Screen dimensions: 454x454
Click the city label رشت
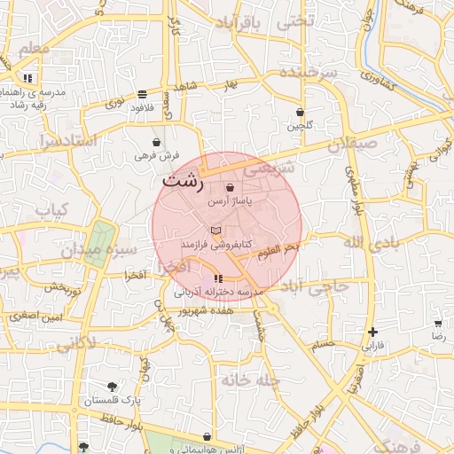[183, 183]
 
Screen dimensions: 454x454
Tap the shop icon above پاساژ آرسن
[231, 188]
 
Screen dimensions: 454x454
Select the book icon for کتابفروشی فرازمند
[217, 230]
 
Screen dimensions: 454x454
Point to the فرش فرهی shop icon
[157, 142]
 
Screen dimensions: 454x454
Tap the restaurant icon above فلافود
[142, 94]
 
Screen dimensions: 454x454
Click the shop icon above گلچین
[300, 113]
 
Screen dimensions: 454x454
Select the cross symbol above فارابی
[372, 332]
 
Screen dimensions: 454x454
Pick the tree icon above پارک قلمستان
[112, 387]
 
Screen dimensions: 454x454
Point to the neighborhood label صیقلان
[352, 144]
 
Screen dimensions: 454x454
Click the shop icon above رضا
[437, 324]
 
